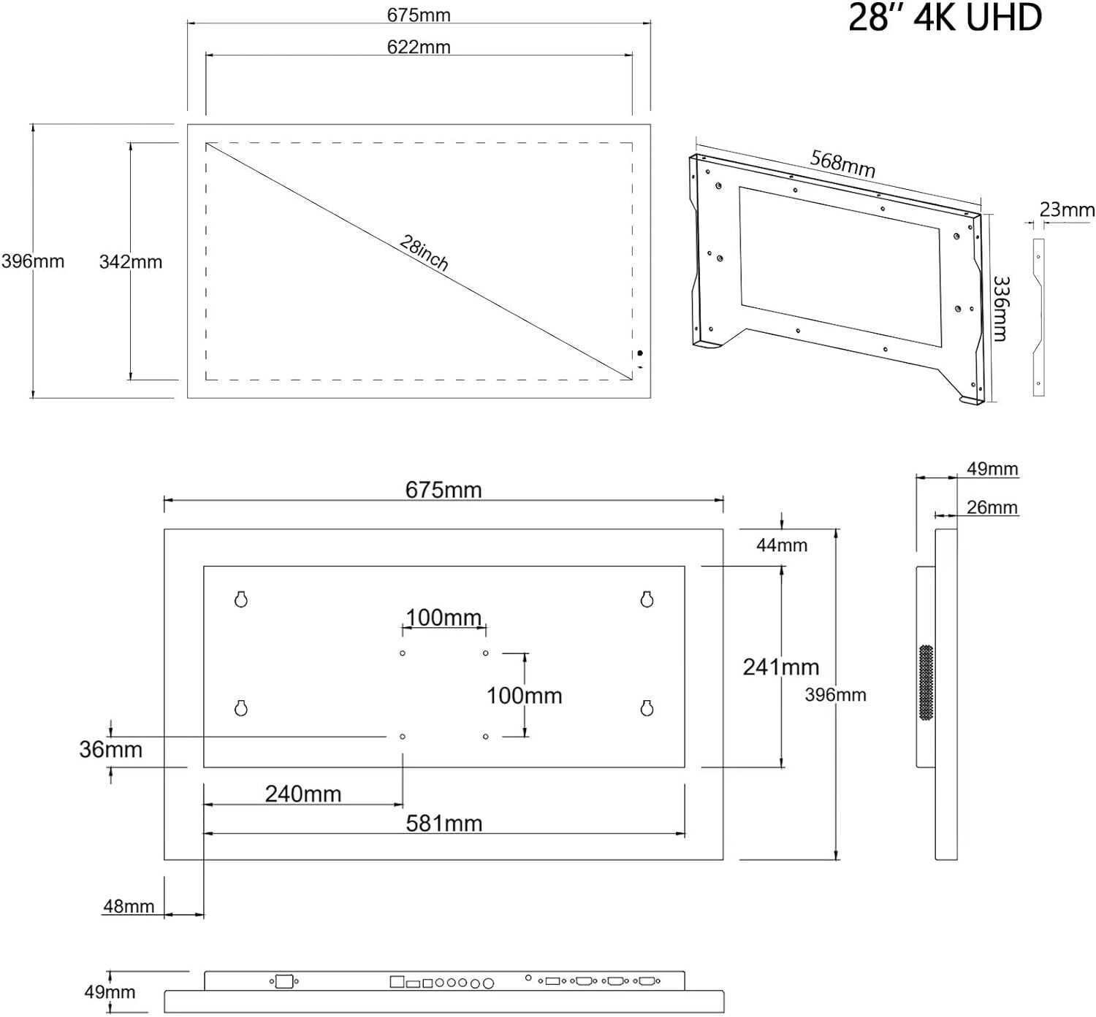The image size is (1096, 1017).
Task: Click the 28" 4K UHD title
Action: click(944, 17)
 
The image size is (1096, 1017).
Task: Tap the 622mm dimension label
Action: click(419, 47)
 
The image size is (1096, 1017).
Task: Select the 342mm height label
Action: click(131, 262)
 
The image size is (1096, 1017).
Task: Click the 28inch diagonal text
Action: click(424, 253)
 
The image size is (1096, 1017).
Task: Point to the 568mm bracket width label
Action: click(842, 164)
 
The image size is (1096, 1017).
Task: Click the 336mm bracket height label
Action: click(1000, 309)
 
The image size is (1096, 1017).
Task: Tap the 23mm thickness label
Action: click(1067, 210)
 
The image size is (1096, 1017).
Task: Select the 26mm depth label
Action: click(992, 507)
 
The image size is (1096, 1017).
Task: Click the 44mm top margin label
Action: click(781, 545)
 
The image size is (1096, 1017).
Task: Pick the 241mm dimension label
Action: click(781, 667)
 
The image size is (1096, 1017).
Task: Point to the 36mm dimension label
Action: click(110, 750)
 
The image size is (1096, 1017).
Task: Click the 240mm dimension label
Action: click(303, 794)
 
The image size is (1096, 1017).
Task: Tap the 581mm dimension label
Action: click(444, 824)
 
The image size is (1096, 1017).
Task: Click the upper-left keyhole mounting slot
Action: click(240, 599)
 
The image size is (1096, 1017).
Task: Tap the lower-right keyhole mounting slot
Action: click(647, 707)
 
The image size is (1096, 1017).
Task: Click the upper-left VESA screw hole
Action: click(403, 653)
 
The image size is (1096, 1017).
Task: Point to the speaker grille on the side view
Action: click(926, 682)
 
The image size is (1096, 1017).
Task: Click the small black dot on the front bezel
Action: click(639, 353)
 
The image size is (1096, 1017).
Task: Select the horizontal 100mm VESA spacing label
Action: click(444, 618)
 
